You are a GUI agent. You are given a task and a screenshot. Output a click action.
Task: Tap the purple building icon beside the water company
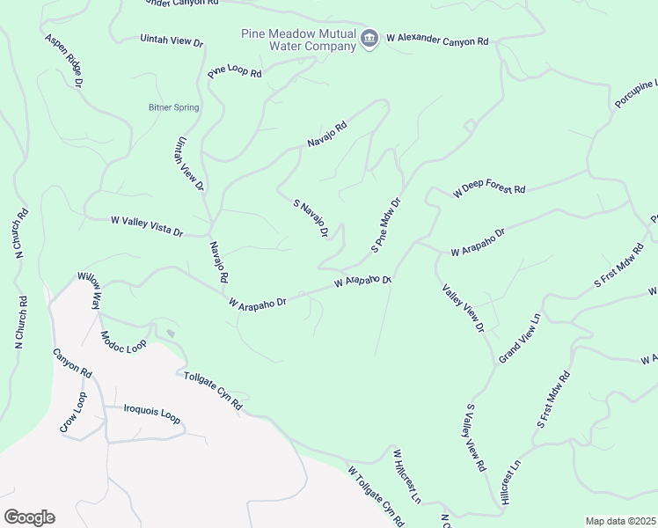(x=370, y=37)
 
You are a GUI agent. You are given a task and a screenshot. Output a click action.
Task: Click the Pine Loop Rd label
(x=235, y=72)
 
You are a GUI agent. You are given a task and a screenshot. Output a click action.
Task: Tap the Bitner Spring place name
(x=173, y=107)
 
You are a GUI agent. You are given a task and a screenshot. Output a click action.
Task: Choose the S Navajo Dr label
(x=311, y=218)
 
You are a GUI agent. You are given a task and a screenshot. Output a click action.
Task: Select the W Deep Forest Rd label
(x=489, y=190)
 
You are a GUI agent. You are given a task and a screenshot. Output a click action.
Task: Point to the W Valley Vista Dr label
(x=146, y=226)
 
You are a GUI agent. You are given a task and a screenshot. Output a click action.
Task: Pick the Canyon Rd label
(x=72, y=363)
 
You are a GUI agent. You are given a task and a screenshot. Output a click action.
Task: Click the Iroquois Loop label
(x=151, y=414)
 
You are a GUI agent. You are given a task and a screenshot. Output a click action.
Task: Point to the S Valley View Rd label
(x=476, y=438)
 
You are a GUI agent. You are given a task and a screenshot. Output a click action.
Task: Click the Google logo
(x=29, y=517)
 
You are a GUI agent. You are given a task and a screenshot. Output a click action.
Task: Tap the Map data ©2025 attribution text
(x=620, y=521)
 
